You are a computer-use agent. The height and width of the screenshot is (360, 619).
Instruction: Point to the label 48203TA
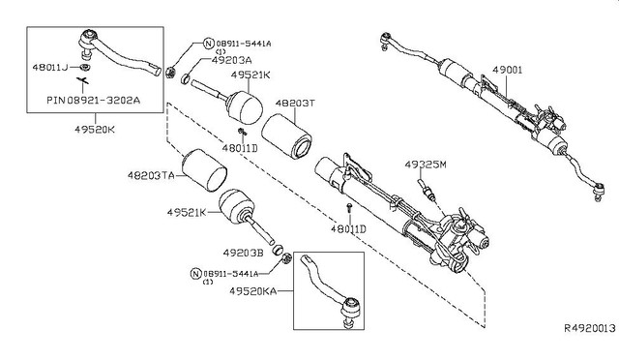coord(151,175)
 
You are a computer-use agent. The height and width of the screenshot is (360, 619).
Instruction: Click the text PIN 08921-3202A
coord(92,98)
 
